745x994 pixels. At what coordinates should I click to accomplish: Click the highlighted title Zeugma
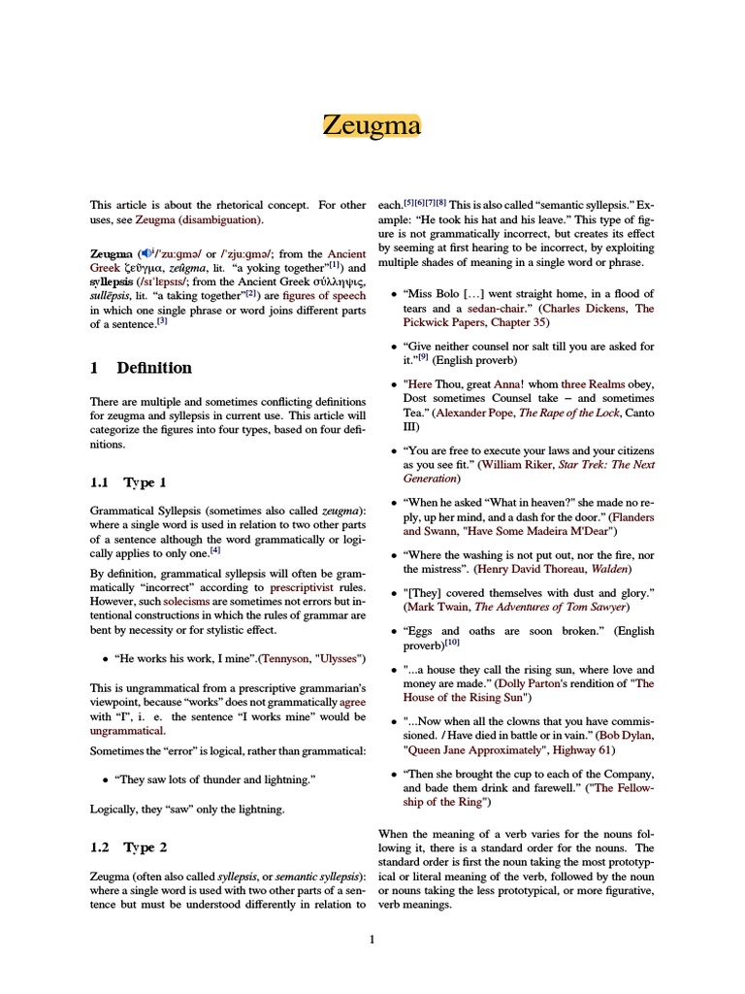(372, 126)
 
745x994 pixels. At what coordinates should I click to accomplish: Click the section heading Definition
(154, 368)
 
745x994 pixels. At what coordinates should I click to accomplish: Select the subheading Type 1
(145, 482)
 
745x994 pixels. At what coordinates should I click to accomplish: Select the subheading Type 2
(145, 847)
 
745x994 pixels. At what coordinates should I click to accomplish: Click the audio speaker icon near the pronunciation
(146, 250)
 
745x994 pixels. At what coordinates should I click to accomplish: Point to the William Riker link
(521, 465)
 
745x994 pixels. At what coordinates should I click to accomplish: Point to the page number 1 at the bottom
(372, 939)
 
